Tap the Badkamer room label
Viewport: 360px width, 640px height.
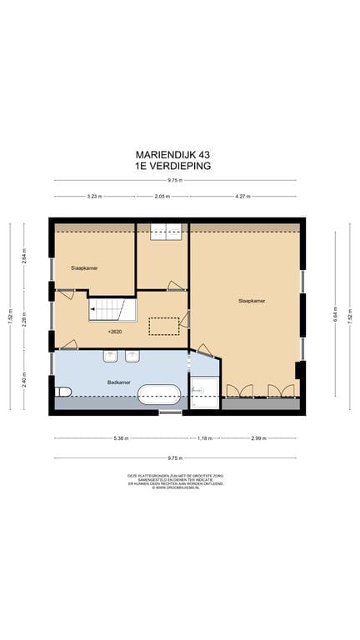point(118,382)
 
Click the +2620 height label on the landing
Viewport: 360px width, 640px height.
point(116,331)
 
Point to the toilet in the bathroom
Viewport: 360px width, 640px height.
point(62,392)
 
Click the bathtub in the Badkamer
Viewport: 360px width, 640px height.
point(159,395)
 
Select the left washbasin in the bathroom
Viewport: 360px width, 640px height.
point(111,357)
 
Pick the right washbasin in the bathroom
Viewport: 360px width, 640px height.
point(131,357)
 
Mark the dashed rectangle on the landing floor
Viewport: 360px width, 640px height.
point(164,326)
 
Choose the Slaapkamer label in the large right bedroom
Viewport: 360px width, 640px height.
point(251,300)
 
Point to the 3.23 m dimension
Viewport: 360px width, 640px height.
point(93,197)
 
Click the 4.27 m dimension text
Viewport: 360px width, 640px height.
point(242,197)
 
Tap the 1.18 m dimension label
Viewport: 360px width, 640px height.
point(204,438)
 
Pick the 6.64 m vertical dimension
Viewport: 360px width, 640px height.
point(336,316)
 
